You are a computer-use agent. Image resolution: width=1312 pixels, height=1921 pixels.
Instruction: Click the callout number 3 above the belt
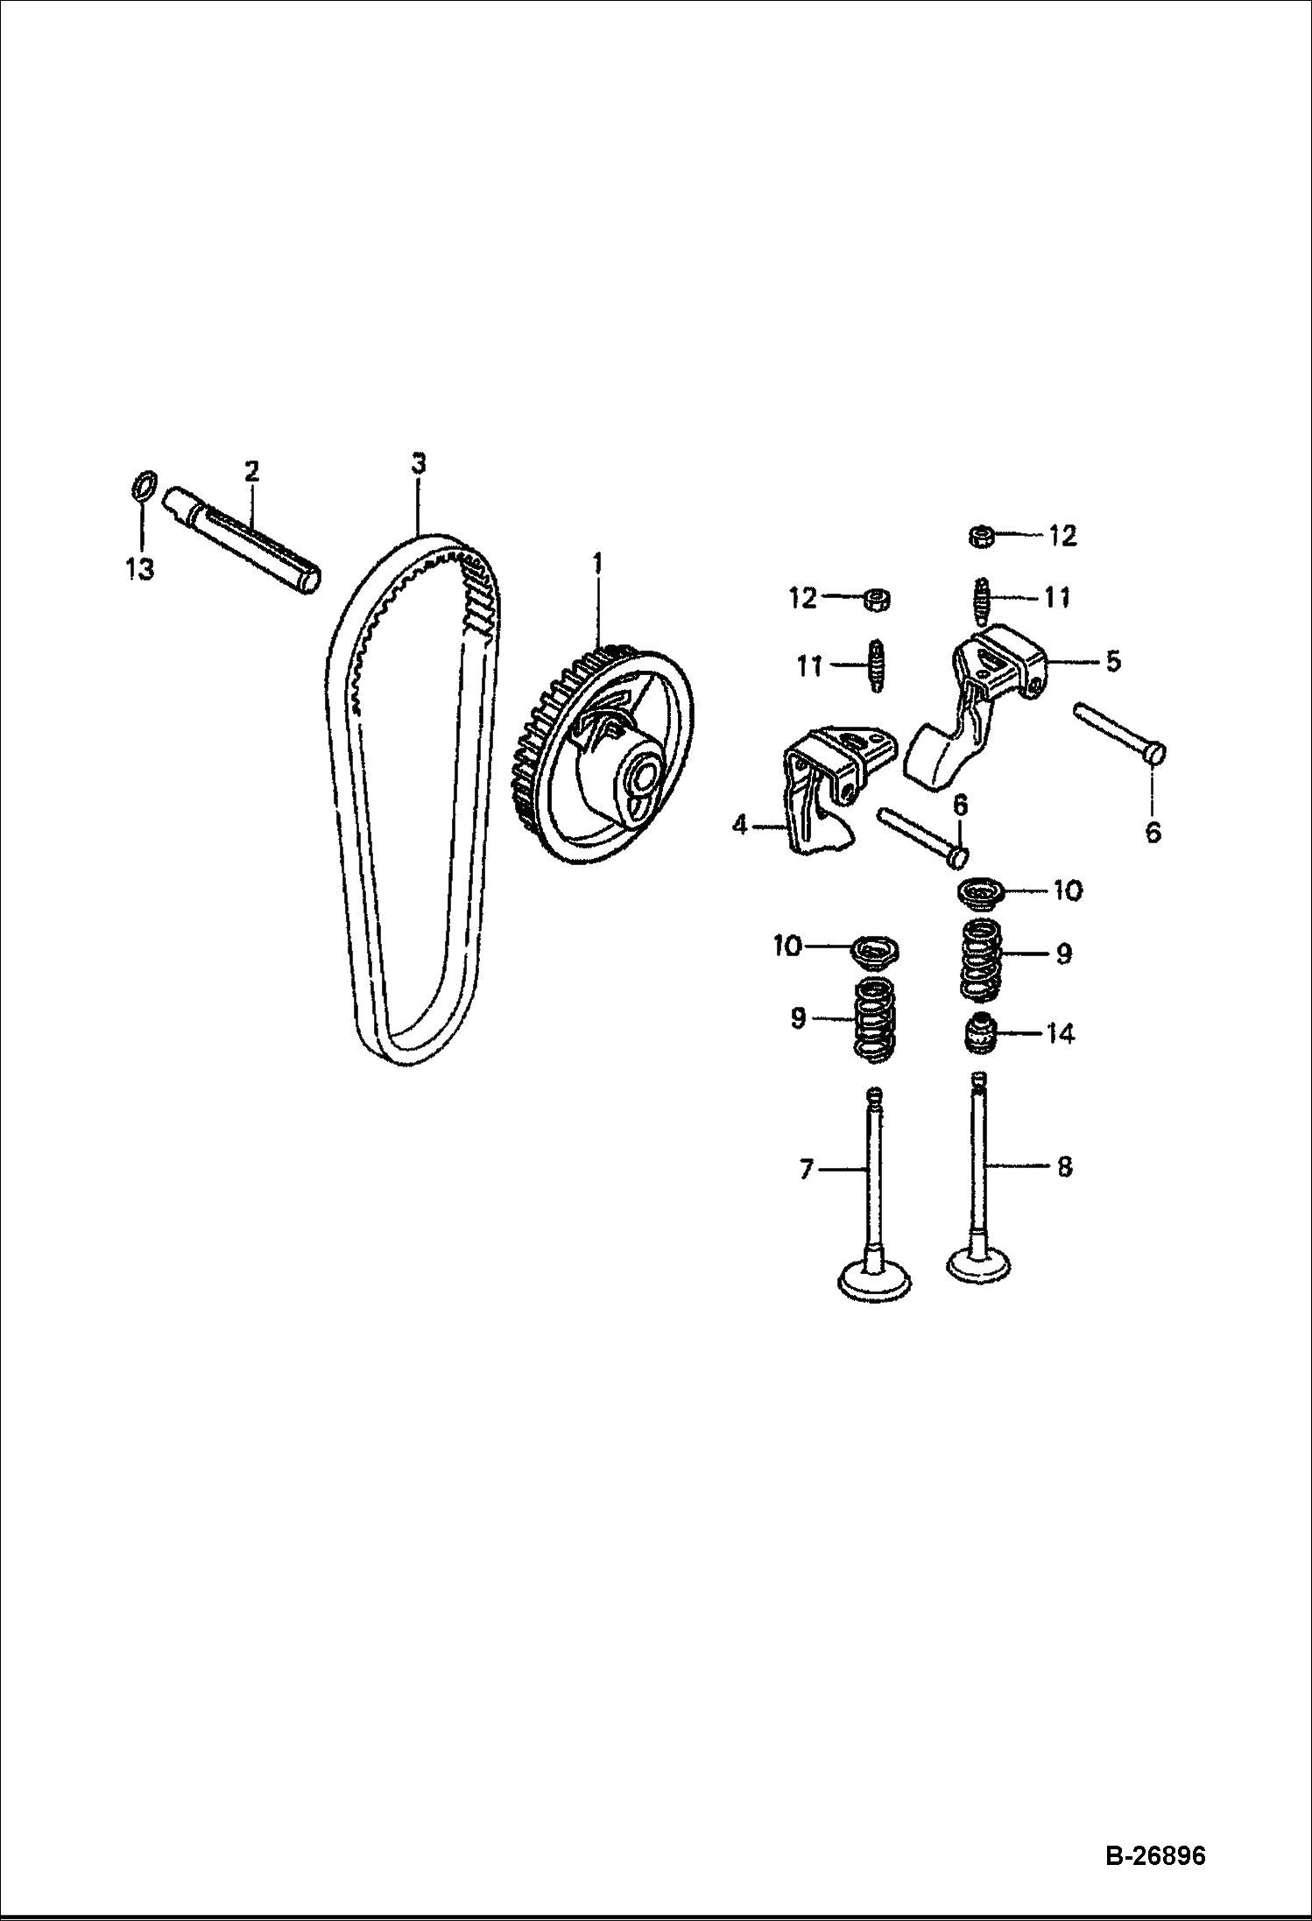click(419, 463)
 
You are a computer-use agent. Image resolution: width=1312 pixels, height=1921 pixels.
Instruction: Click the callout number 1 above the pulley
click(597, 563)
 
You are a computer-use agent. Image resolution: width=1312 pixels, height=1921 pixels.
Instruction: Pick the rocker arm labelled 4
click(829, 785)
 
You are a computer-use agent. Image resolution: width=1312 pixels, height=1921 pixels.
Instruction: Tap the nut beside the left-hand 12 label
click(876, 600)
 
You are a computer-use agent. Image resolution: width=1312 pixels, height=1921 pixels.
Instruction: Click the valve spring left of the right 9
click(982, 959)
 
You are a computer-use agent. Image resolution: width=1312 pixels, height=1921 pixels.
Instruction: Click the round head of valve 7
click(875, 1279)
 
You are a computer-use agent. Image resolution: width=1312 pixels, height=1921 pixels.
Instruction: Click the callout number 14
click(1060, 1034)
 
